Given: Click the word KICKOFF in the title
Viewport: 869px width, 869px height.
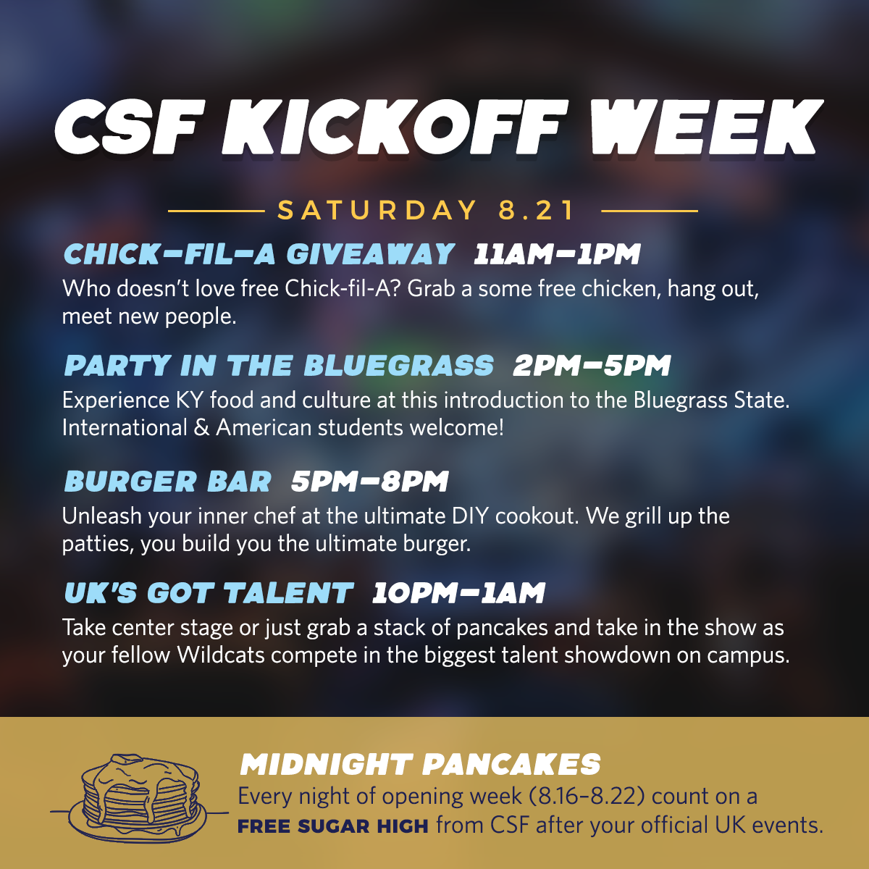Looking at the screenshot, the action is [x=393, y=128].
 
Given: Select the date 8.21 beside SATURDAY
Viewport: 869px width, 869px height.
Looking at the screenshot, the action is [x=537, y=210].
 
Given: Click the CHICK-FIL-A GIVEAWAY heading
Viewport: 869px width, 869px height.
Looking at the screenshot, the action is [x=259, y=253].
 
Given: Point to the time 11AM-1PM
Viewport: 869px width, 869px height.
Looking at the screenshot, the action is [x=557, y=253].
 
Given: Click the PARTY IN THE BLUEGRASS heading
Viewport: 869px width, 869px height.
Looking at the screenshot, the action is [x=279, y=365].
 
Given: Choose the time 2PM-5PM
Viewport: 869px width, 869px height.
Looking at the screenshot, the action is [x=592, y=365].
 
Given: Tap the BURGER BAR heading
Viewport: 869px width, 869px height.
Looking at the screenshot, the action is [x=168, y=481].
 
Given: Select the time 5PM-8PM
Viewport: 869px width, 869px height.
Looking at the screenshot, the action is [x=370, y=481].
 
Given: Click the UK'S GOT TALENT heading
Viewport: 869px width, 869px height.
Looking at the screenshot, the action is [x=209, y=592].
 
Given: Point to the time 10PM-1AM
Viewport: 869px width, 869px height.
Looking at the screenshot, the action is [x=458, y=592].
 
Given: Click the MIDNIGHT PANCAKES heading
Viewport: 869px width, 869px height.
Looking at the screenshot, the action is [x=420, y=765].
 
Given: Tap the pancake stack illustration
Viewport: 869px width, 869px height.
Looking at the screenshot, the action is [x=139, y=799].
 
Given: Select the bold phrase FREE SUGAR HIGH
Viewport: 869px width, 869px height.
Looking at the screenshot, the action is [x=333, y=826].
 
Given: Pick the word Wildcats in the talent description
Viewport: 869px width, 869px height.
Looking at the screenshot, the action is [x=221, y=655].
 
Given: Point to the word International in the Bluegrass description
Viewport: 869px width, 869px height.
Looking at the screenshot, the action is [x=125, y=427].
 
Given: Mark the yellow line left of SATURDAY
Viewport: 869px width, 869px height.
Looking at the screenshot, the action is [x=216, y=211].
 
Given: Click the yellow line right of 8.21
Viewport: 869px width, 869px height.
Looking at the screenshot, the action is [x=650, y=211].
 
